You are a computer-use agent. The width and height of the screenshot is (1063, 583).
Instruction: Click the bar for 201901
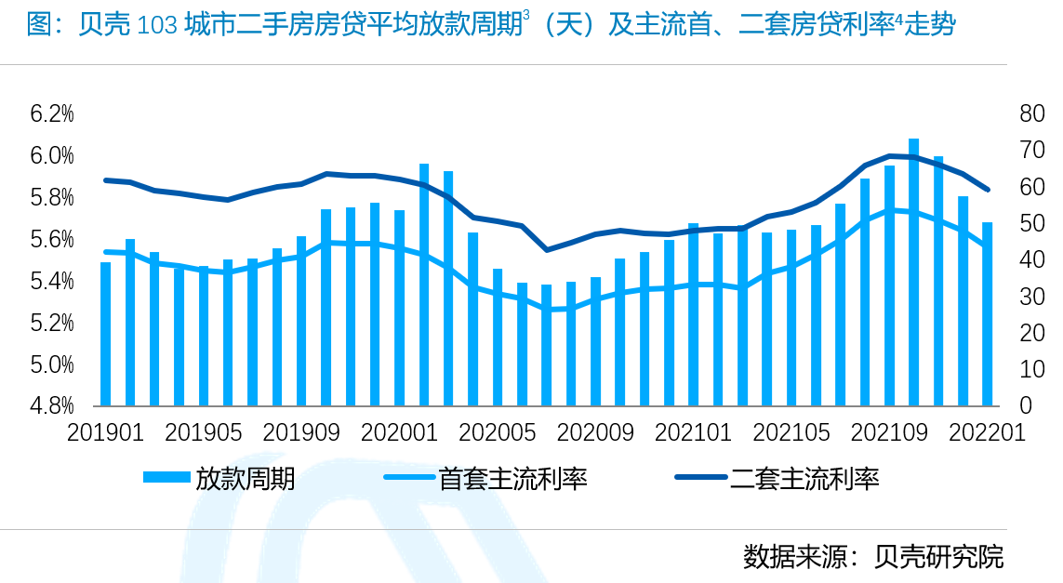click(106, 334)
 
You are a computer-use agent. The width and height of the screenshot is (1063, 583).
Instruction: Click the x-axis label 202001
click(399, 433)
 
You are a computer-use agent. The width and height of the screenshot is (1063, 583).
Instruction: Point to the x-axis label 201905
click(203, 433)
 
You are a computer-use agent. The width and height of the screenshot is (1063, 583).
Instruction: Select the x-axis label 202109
click(888, 433)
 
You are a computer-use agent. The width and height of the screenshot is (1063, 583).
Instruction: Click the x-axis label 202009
click(595, 433)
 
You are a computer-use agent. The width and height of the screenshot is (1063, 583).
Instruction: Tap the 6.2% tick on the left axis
click(52, 114)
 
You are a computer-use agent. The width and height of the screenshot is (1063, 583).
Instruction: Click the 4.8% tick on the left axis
click(52, 406)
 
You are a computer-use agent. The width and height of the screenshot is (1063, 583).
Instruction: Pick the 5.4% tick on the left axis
click(52, 282)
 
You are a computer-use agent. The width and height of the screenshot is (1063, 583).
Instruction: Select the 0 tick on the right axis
click(1026, 406)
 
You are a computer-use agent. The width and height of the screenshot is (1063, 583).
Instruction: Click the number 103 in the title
click(156, 26)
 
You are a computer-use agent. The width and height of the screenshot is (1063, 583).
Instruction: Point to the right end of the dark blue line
click(987, 190)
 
